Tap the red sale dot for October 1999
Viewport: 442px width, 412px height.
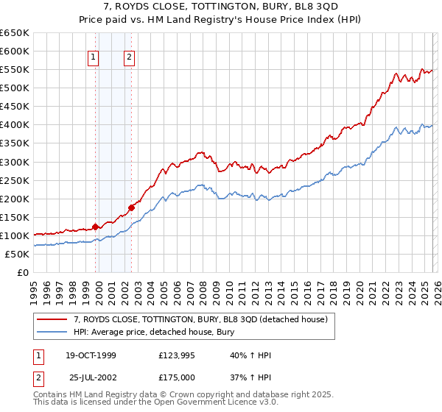click(x=96, y=227)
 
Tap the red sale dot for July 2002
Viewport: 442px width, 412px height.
click(x=131, y=207)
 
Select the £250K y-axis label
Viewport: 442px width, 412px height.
click(x=15, y=180)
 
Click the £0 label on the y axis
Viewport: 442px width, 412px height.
click(x=22, y=272)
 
